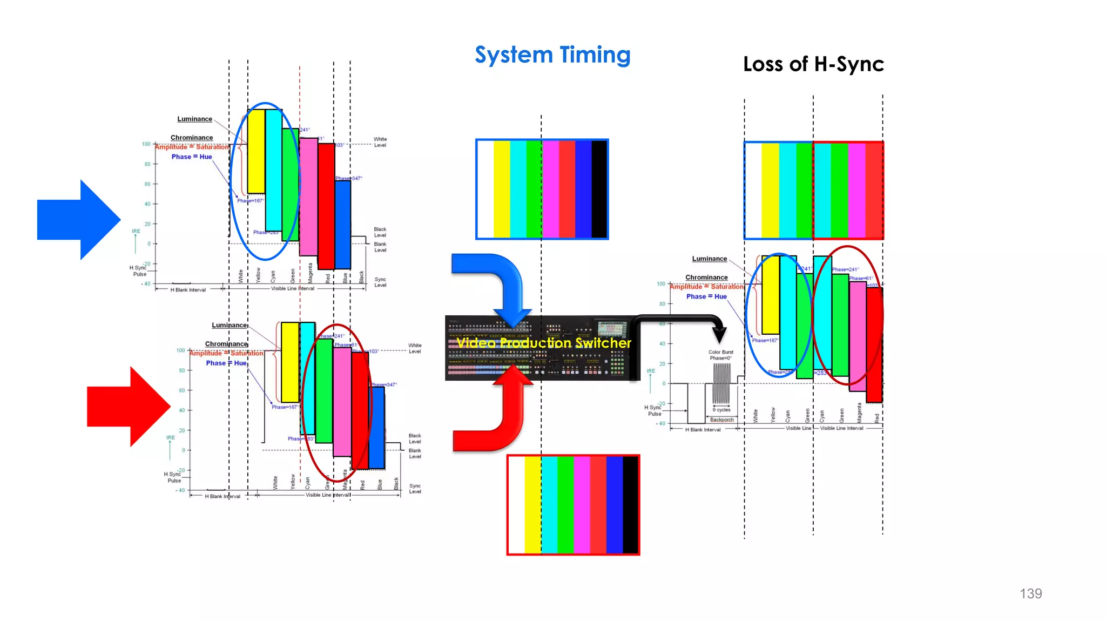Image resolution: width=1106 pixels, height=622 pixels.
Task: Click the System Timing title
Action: pos(552,55)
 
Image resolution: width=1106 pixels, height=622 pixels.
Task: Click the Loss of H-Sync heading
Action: pos(813,64)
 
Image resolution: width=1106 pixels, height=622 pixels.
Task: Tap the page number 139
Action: pos(1030,593)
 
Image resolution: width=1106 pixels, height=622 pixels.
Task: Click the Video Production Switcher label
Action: pos(544,343)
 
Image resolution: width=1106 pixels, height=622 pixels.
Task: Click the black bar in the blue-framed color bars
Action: pos(599,189)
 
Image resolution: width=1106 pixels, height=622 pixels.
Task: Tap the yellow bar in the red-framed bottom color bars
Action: pos(532,505)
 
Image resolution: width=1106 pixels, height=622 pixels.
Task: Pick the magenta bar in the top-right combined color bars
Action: pos(857,190)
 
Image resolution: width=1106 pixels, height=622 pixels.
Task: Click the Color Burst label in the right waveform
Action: pos(721,352)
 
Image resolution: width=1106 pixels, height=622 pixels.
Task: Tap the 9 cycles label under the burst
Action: pos(721,410)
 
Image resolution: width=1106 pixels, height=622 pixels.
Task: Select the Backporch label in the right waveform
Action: pos(721,420)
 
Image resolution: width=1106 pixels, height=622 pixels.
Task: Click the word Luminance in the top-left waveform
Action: pos(194,119)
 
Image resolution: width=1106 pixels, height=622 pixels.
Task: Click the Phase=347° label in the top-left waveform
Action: pos(348,178)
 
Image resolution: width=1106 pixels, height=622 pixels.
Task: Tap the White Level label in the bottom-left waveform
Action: pos(415,348)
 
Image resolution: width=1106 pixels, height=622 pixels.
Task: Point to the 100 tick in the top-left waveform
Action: pos(146,144)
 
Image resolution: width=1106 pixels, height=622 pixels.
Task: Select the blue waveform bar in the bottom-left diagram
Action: pos(377,427)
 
